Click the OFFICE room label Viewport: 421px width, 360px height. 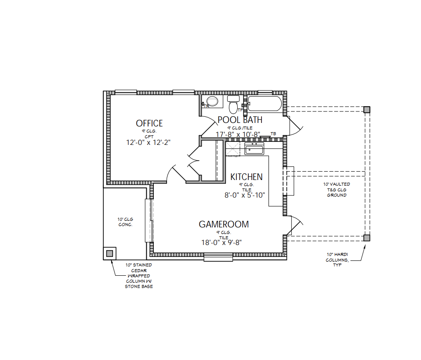(x=149, y=123)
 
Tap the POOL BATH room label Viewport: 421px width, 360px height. (x=240, y=119)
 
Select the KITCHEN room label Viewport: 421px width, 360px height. (x=247, y=177)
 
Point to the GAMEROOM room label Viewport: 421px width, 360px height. (x=224, y=224)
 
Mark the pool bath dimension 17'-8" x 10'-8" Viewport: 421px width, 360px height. (x=238, y=134)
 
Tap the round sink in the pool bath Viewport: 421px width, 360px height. (x=212, y=102)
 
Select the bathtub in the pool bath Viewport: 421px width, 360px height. (x=264, y=104)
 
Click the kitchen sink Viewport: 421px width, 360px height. (x=254, y=149)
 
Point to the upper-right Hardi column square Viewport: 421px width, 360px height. (x=367, y=109)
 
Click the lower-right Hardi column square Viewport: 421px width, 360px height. (x=367, y=238)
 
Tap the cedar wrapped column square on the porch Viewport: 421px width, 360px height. (x=109, y=253)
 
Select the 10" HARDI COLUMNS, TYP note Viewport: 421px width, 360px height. (x=337, y=260)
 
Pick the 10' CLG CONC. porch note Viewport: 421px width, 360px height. (x=125, y=222)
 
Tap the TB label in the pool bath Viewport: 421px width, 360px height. (x=273, y=133)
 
